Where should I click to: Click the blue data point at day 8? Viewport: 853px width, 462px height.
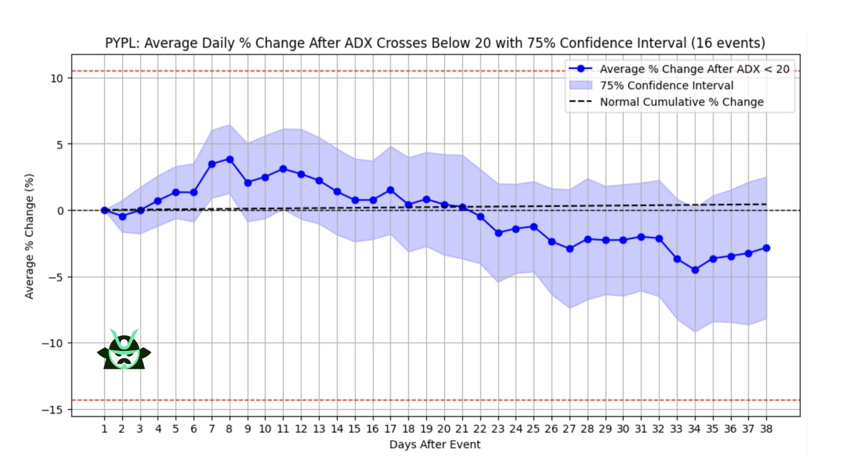[230, 160]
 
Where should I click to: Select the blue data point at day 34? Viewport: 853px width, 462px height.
[695, 270]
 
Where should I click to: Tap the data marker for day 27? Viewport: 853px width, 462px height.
[569, 249]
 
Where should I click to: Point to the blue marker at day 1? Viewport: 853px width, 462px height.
[105, 210]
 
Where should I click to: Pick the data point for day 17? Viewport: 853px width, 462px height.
[391, 190]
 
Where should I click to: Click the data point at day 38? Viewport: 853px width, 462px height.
[766, 248]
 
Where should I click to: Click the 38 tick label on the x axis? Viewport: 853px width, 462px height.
[766, 429]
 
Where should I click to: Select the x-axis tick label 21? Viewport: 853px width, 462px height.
[462, 429]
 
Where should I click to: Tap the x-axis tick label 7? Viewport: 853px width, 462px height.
[212, 429]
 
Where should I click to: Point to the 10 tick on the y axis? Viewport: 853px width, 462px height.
[57, 78]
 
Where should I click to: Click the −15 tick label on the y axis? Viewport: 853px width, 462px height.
[52, 410]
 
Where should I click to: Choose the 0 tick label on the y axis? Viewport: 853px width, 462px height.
[60, 211]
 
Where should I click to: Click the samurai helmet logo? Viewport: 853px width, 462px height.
[124, 350]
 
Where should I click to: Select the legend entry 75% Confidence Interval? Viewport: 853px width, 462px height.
[666, 85]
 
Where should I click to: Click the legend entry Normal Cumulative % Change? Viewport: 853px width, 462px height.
[681, 102]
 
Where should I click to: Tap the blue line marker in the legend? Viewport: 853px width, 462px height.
[581, 69]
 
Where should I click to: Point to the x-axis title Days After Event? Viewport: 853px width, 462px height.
[435, 444]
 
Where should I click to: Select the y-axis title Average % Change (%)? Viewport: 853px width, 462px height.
[30, 236]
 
